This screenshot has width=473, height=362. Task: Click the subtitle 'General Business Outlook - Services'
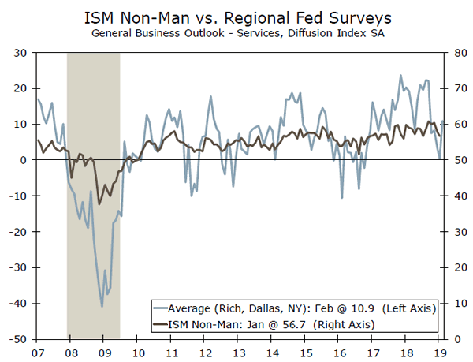click(x=201, y=34)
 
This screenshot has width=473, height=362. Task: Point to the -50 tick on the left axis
click(x=16, y=339)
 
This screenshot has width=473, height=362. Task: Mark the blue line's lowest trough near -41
click(x=102, y=306)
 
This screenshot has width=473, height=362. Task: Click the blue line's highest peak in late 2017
click(x=400, y=76)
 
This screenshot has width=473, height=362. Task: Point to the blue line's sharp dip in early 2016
click(x=342, y=197)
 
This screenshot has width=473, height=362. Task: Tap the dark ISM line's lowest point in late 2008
click(x=99, y=203)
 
